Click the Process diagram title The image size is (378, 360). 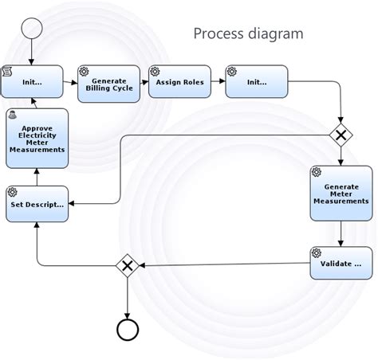point(248,33)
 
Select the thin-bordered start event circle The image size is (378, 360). point(32,28)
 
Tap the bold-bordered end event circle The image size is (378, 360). point(128,328)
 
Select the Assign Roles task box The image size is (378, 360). point(179,82)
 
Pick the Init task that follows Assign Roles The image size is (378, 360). point(256,82)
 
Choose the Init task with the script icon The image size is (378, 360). point(32,82)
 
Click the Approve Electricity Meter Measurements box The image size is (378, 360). point(37,139)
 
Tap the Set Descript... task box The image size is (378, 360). point(37,204)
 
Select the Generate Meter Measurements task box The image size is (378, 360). point(341,194)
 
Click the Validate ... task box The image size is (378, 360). point(341,263)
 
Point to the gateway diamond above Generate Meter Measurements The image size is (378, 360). point(341,135)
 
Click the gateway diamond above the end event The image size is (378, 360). point(128,265)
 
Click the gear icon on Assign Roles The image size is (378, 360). point(155,71)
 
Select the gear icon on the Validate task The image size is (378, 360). point(316,252)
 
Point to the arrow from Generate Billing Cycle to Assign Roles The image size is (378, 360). point(144,82)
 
